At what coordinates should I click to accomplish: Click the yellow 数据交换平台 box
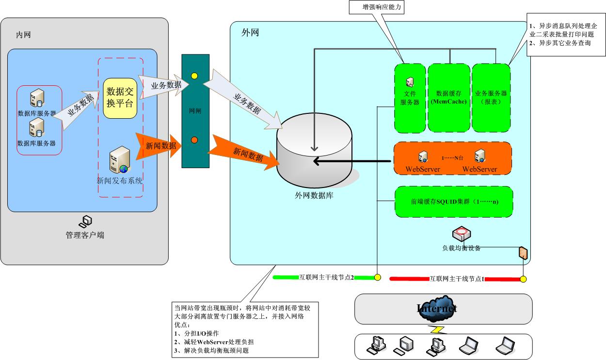(120, 98)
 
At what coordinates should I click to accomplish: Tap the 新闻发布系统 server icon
(120, 160)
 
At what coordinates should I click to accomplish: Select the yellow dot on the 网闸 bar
(194, 76)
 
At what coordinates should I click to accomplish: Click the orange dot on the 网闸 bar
(194, 140)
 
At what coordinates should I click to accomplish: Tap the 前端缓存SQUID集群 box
(453, 202)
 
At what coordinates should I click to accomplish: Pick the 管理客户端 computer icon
(86, 222)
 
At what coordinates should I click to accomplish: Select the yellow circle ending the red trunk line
(524, 279)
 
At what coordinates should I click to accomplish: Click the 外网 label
(250, 33)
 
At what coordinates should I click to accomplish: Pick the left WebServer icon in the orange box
(423, 156)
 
